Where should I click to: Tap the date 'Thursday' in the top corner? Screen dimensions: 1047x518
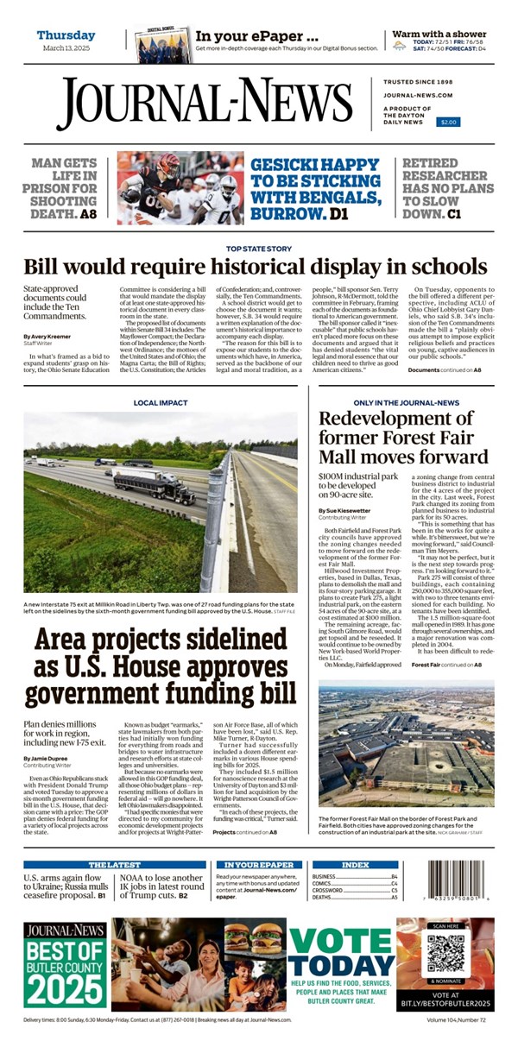click(66, 35)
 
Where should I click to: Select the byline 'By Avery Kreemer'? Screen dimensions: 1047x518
click(48, 335)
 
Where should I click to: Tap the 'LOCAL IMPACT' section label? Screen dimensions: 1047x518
click(160, 403)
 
